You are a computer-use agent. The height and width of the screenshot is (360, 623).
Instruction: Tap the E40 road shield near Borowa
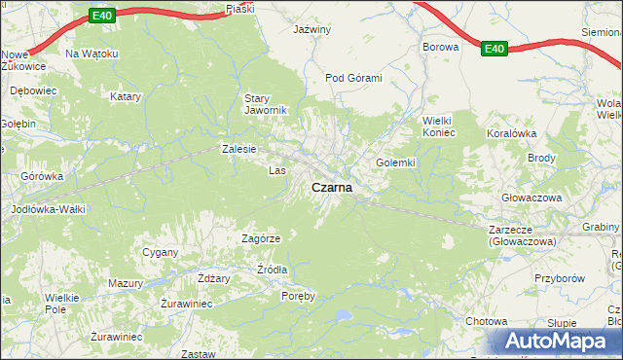pos(495,48)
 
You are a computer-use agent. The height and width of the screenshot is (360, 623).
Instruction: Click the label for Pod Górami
pos(353,78)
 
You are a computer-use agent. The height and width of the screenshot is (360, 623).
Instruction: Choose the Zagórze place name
pos(261,238)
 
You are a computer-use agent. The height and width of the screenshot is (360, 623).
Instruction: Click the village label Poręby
pos(298,296)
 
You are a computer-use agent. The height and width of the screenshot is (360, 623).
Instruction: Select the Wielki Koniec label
pos(438,126)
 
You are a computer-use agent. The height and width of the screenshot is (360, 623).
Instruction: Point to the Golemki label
pos(396,162)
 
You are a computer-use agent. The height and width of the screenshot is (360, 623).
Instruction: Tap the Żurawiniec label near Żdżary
pos(186,303)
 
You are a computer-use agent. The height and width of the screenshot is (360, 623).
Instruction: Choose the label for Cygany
pos(161,252)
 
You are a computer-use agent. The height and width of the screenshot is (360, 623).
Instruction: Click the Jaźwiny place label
pos(312,29)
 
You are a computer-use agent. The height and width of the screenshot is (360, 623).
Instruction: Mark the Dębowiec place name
pos(28,89)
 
